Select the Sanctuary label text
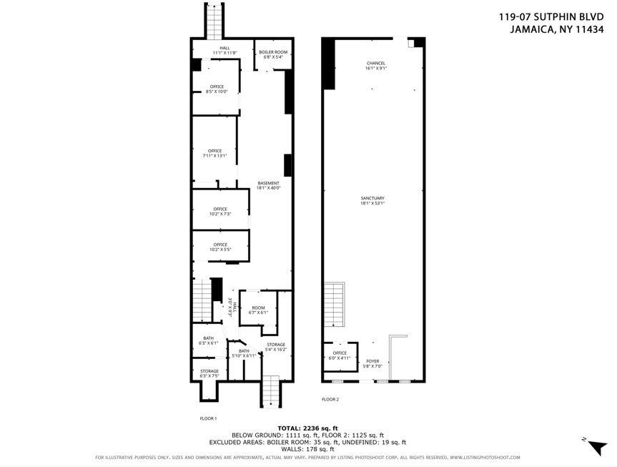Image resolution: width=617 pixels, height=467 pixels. pyautogui.click(x=372, y=200)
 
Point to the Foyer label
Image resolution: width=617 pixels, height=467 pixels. pyautogui.click(x=372, y=363)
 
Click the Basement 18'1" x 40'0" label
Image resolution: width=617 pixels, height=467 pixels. pyautogui.click(x=268, y=185)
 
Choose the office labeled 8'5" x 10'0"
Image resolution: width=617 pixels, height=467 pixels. pyautogui.click(x=216, y=89)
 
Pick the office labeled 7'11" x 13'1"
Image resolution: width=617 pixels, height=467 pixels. pyautogui.click(x=214, y=153)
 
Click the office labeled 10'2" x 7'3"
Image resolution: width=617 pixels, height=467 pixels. pyautogui.click(x=219, y=212)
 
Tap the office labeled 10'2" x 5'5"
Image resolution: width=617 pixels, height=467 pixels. pyautogui.click(x=219, y=247)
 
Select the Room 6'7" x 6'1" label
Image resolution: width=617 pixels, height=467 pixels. pyautogui.click(x=258, y=310)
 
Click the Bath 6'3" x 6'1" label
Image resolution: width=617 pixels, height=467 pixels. pyautogui.click(x=208, y=341)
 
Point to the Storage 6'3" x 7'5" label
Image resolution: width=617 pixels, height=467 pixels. pyautogui.click(x=209, y=373)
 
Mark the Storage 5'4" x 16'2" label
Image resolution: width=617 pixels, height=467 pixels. pyautogui.click(x=276, y=347)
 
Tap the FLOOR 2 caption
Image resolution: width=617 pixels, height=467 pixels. pyautogui.click(x=330, y=399)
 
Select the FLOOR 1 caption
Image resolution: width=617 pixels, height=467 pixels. pyautogui.click(x=208, y=418)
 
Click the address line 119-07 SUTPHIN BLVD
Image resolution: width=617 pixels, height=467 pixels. pyautogui.click(x=551, y=17)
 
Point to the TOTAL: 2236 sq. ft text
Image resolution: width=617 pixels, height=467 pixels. pyautogui.click(x=308, y=428)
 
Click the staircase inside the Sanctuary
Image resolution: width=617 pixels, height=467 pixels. pyautogui.click(x=334, y=306)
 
